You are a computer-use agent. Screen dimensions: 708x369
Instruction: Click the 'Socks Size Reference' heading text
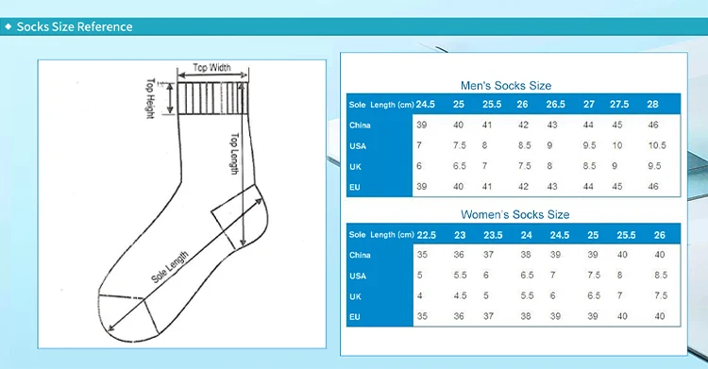point(75,26)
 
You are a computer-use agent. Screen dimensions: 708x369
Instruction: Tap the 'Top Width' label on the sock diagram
point(211,68)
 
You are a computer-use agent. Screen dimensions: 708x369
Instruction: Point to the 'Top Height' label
point(151,98)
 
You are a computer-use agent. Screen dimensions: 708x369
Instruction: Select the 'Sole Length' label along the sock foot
point(170,267)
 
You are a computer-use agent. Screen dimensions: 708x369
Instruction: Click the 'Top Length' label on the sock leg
point(234,154)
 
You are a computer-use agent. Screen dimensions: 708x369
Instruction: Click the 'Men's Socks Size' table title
point(506,85)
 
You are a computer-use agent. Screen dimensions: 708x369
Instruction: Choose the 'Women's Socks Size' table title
point(514,214)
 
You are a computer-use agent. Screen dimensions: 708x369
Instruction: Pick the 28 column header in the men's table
point(652,105)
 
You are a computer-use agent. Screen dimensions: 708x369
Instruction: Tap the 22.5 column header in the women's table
point(427,235)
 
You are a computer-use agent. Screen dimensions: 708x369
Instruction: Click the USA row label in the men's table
point(358,146)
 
